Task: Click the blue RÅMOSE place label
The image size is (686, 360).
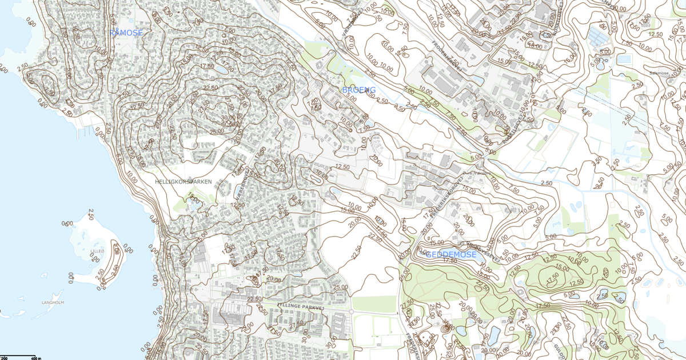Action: click(126, 33)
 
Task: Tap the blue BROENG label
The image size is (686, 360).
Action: click(358, 90)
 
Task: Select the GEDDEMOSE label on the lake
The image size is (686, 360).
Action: click(451, 254)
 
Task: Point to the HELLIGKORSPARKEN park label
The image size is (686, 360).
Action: click(184, 182)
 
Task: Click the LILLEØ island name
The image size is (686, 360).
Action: click(98, 251)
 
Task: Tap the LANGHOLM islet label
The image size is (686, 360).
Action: click(52, 302)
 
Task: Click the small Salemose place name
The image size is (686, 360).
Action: click(659, 73)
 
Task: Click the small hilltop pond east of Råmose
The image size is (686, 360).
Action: click(220, 69)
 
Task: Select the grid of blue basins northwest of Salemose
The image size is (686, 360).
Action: click(599, 38)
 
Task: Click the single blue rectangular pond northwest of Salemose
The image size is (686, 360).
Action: click(624, 59)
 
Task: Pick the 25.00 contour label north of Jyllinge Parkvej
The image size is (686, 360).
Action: click(341, 287)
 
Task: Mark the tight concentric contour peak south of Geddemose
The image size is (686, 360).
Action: click(446, 329)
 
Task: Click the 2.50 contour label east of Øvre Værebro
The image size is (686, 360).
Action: click(546, 183)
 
